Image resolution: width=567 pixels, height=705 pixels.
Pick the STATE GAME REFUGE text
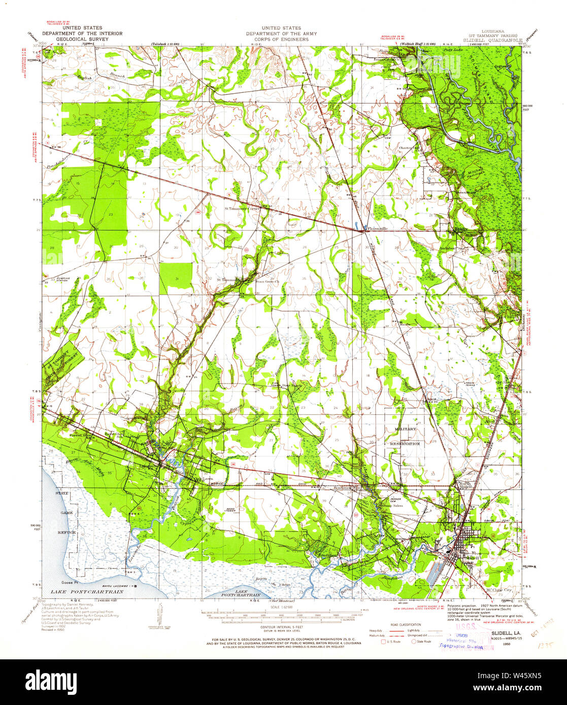(x=65, y=513)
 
